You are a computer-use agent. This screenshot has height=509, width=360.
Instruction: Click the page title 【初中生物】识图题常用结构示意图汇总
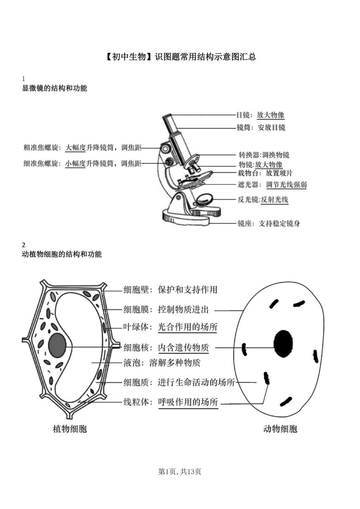coord(181,57)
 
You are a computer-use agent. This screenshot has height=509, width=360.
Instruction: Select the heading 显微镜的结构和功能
coord(54,88)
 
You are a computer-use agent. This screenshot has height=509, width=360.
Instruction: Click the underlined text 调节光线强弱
coord(286,185)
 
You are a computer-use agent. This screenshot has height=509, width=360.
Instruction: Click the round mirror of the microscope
coord(205,200)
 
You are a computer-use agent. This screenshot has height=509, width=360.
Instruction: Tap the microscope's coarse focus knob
coord(165,148)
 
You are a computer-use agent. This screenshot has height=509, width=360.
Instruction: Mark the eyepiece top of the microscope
coord(167,116)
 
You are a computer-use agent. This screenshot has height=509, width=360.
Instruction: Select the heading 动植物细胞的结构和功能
coord(62,254)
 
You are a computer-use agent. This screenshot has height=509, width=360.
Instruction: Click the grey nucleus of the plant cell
coord(57,346)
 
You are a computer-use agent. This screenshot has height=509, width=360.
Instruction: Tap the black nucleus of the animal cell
coord(283,344)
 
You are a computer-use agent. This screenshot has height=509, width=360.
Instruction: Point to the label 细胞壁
coord(136,290)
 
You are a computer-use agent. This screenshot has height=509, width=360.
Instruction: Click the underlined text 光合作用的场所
coord(188,327)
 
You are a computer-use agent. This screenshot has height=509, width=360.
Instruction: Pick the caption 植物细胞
coord(70,429)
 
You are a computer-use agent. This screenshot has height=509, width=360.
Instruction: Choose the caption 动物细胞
coord(280,429)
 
